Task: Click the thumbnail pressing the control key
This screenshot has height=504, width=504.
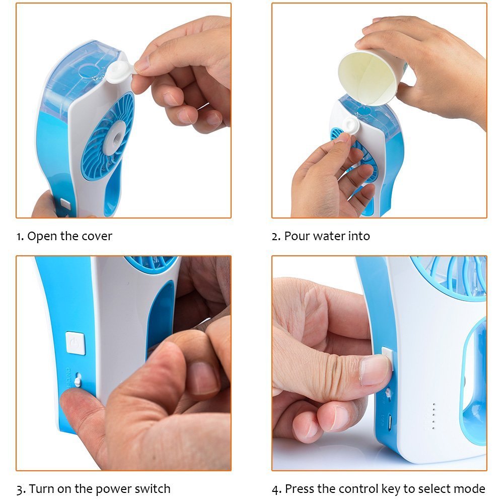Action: [x=375, y=370]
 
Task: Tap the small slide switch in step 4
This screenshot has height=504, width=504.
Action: [x=389, y=393]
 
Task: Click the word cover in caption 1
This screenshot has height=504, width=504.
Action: [x=96, y=236]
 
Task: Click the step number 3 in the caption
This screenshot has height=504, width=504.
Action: [x=20, y=488]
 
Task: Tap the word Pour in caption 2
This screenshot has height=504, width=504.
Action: [x=297, y=236]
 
